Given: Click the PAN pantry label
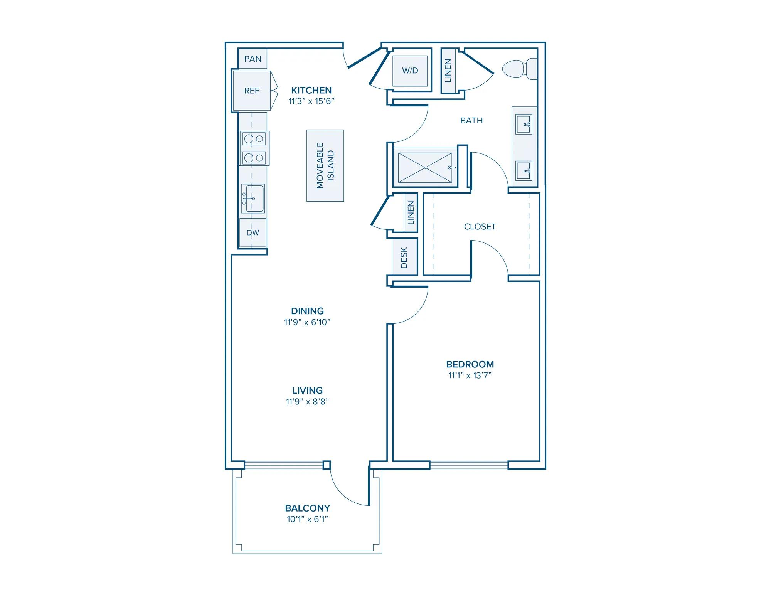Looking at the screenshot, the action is tap(253, 59).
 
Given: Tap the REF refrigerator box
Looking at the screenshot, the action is tap(252, 91).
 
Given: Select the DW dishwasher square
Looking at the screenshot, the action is tap(253, 233).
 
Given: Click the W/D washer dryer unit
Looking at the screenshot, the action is tap(410, 71).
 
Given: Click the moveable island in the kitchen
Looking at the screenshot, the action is tap(325, 165).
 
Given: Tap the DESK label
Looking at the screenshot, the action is tap(404, 258).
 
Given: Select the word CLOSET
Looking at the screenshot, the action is tap(480, 227).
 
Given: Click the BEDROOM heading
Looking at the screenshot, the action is tap(470, 364).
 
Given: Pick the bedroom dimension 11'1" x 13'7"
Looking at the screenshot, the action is tap(470, 375).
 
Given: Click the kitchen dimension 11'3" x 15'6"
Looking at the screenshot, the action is tap(311, 101).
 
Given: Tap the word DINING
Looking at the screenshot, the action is tap(308, 311).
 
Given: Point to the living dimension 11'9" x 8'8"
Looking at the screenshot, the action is tap(308, 402).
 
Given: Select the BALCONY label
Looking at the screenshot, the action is tap(308, 508).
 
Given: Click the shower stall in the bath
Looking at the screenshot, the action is tap(425, 168).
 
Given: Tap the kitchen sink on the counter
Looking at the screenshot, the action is tap(253, 198).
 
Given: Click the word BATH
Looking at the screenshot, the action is tap(471, 121).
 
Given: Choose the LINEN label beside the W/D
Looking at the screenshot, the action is tap(448, 71).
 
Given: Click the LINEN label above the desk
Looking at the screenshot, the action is tap(411, 213).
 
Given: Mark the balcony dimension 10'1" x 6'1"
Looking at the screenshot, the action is tap(308, 519).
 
